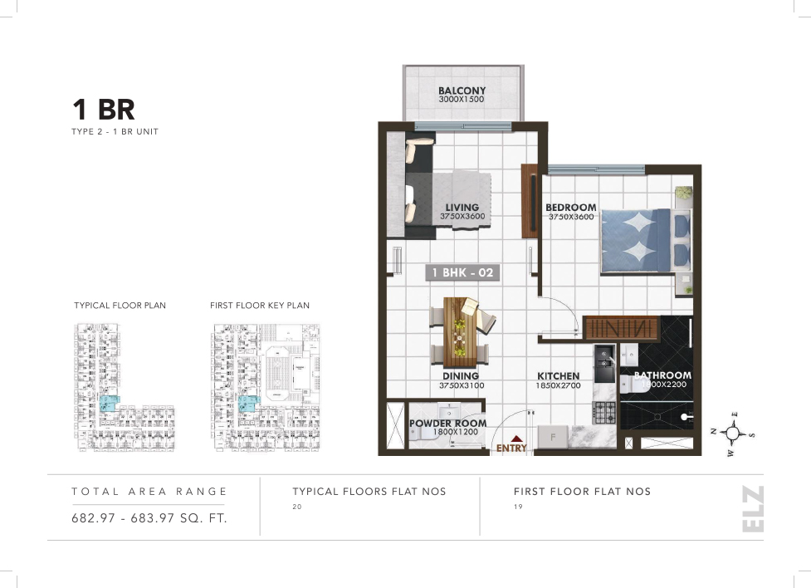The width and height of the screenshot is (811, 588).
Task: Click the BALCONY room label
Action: (462, 91)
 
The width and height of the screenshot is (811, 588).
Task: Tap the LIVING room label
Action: (462, 208)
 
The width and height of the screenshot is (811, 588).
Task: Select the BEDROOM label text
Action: (570, 208)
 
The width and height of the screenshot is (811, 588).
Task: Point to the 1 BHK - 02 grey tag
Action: (463, 272)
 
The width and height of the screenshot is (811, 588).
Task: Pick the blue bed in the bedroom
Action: (636, 239)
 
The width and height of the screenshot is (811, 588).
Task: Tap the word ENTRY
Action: (511, 448)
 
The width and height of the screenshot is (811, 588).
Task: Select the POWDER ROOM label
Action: (447, 424)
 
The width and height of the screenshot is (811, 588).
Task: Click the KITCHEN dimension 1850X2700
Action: (559, 386)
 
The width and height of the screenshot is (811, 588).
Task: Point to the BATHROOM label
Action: (662, 375)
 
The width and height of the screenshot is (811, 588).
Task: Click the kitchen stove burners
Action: (603, 410)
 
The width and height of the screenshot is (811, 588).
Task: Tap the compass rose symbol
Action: (732, 433)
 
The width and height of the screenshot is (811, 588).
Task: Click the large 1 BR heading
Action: (103, 110)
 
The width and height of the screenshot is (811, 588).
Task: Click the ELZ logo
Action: (752, 510)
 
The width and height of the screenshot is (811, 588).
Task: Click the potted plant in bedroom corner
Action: (682, 193)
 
